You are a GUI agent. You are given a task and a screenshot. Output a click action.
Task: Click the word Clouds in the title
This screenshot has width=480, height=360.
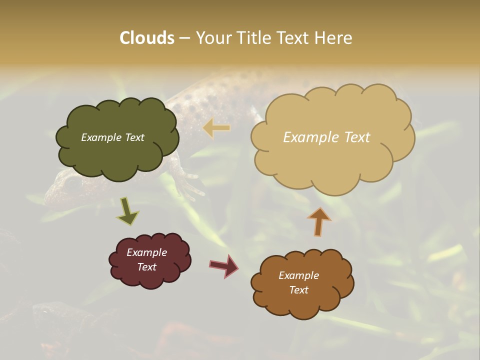point(147,38)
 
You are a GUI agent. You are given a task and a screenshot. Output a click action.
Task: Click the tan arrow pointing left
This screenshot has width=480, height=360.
point(216,128)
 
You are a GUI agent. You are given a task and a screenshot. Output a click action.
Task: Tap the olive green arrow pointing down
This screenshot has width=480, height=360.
point(127,211)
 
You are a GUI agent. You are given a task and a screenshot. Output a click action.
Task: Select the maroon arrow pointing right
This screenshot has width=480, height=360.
point(224,265)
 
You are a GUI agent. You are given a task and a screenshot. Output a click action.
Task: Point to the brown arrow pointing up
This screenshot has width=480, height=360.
point(319,221)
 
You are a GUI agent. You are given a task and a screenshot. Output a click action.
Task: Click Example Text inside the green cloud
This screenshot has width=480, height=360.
point(112,137)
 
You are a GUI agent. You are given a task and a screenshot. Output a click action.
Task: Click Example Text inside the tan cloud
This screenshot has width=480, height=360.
point(326,137)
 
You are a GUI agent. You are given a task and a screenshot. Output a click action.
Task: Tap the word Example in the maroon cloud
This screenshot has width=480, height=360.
point(146,252)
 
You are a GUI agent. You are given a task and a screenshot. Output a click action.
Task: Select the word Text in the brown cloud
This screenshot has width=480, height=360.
point(298,290)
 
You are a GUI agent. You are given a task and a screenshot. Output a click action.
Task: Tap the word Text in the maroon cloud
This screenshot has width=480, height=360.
point(146,267)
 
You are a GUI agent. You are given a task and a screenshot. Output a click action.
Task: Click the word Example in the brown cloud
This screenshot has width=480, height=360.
point(298,275)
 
